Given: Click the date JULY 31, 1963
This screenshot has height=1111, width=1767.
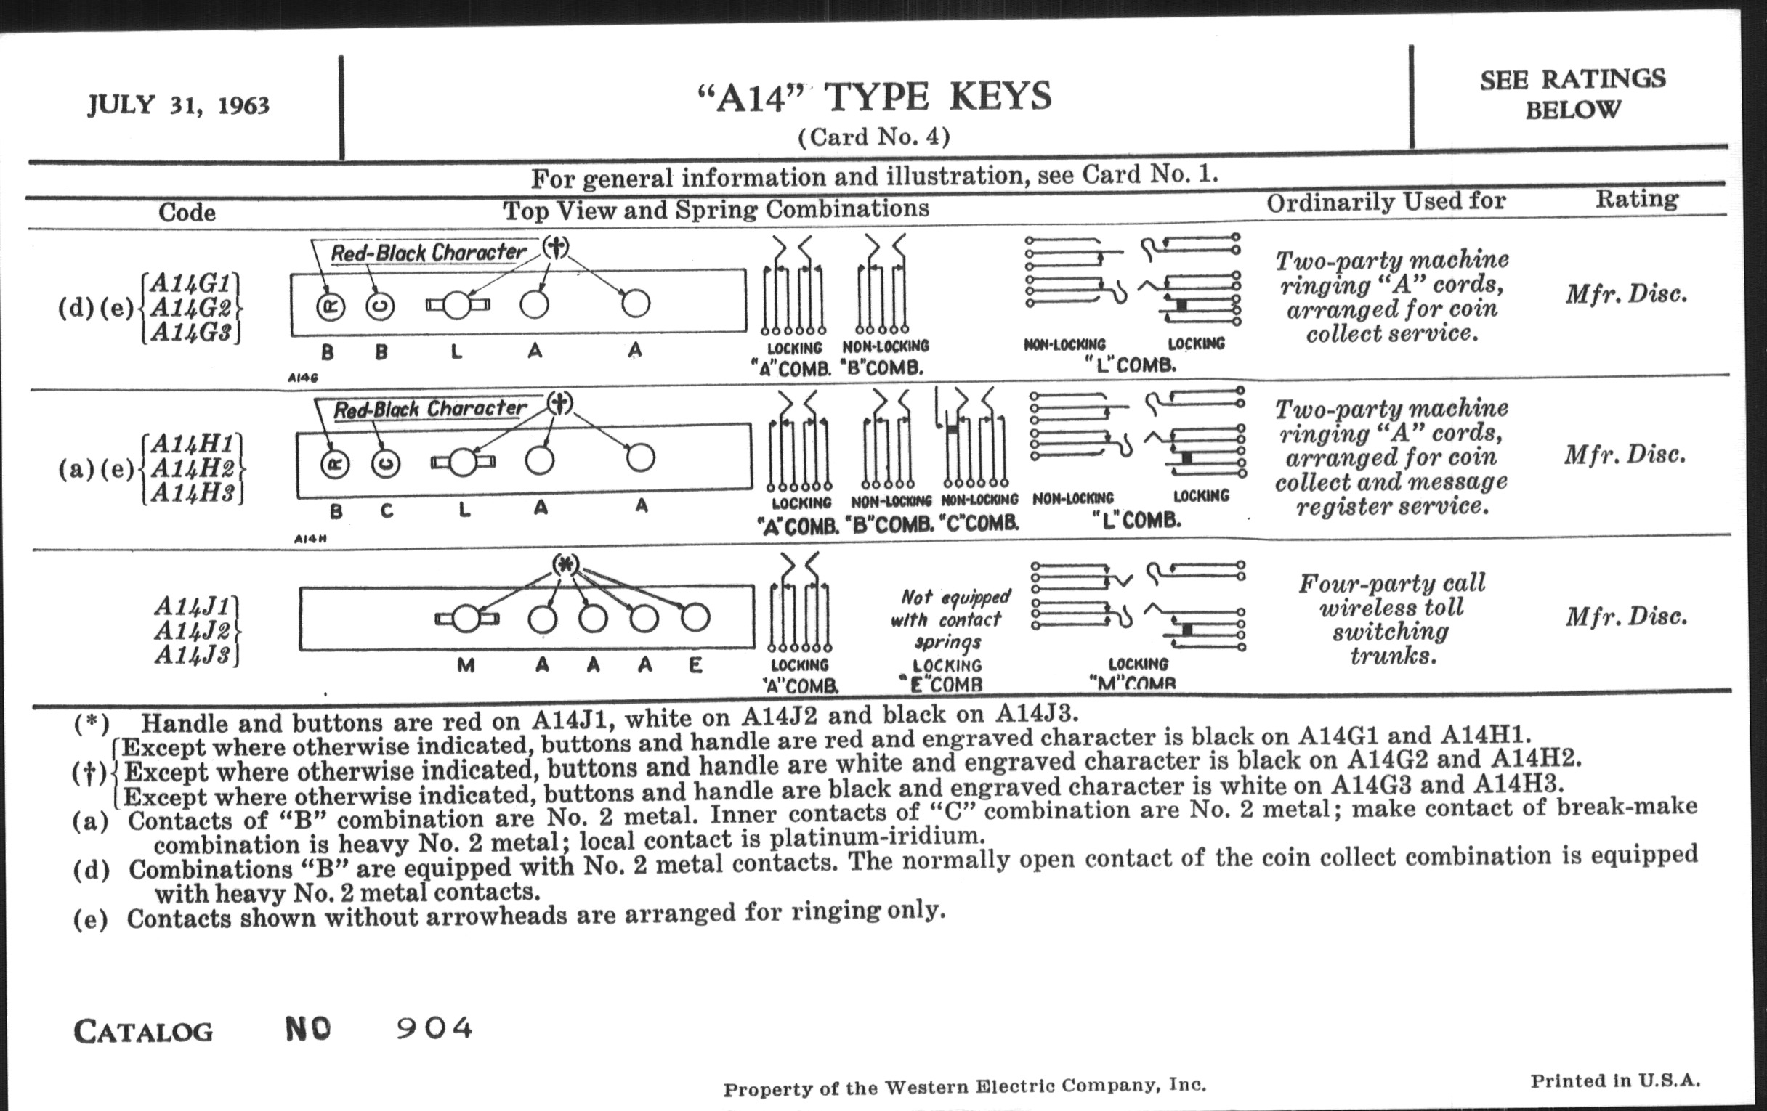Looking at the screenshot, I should coord(178,105).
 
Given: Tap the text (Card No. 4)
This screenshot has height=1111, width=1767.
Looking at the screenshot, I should coord(873,137).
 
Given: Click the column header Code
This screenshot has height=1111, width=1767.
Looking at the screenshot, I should coord(187,213).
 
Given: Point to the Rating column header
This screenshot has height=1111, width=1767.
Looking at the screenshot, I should coord(1636,200).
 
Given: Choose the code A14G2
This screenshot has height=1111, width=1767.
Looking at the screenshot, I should coord(192,308).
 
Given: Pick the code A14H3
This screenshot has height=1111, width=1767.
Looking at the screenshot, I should coord(194,493).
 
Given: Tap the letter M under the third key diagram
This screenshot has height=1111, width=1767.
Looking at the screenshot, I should coord(465,665).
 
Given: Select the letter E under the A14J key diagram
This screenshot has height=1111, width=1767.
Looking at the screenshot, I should coord(695,665).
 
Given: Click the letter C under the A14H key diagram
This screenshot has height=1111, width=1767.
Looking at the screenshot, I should coord(387,511).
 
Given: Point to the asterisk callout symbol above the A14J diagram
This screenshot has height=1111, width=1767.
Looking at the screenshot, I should coord(565,564).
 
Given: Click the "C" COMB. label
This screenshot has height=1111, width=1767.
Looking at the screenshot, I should coord(979,524).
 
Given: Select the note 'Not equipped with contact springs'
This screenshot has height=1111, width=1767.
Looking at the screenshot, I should coord(950,619).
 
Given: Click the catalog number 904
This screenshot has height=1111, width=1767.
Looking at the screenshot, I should coord(434,1028).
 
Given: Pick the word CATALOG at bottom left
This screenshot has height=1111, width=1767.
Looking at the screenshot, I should coord(144,1032).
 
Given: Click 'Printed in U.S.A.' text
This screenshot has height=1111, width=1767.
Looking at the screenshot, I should coord(1614,1081).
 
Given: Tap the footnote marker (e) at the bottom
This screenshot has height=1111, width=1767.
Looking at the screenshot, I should coord(90,919).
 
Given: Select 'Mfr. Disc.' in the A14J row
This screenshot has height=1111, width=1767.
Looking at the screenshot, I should coord(1626,617).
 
